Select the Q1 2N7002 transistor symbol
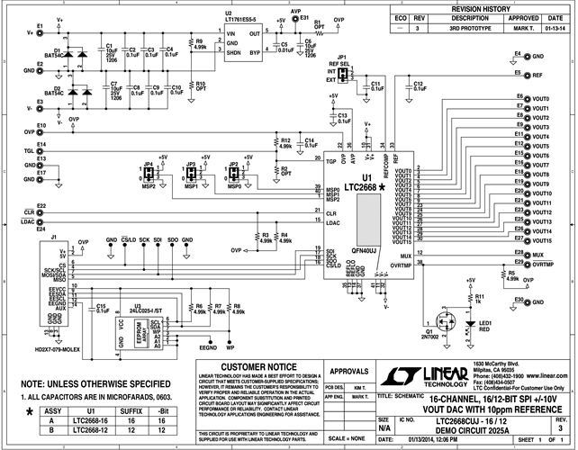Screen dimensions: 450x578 coord(447,322)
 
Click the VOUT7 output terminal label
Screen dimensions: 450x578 coord(541,166)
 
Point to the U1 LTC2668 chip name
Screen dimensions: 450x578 coord(357,185)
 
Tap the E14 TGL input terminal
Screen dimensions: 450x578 coord(42,151)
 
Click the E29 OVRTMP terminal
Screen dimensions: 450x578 coord(524,265)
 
